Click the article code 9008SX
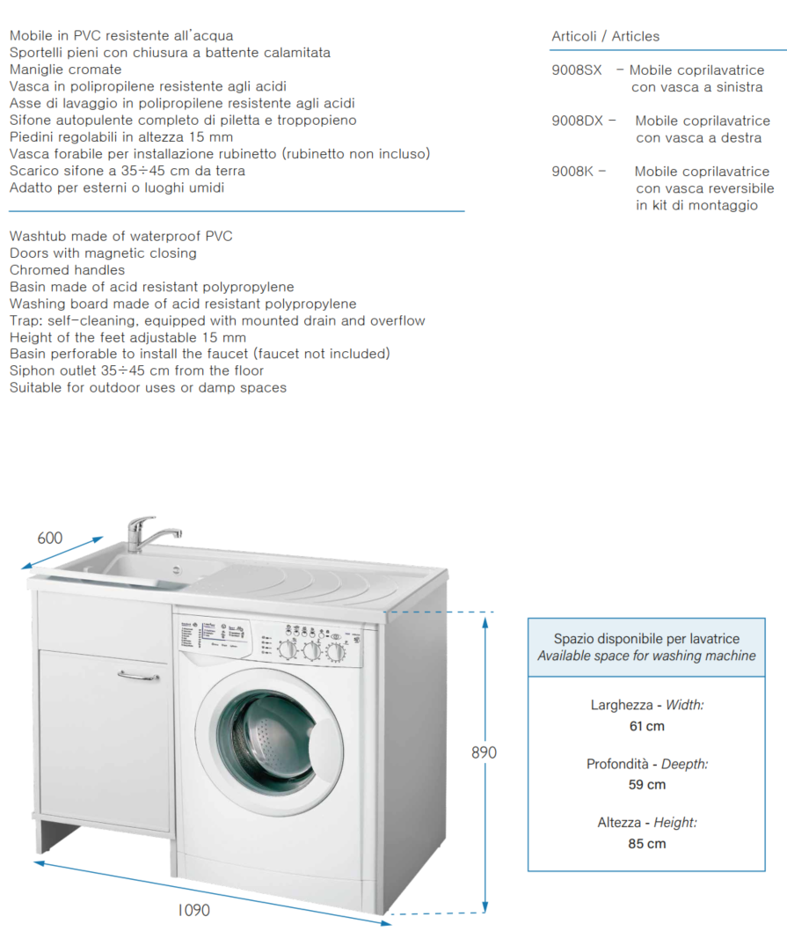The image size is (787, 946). tap(577, 70)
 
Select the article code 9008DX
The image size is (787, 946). tap(578, 121)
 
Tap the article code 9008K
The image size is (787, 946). tap(573, 172)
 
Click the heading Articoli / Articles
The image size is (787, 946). tap(605, 36)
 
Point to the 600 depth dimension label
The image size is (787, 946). tap(50, 538)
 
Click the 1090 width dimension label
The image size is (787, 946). tap(193, 910)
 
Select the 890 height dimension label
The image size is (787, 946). tap(484, 752)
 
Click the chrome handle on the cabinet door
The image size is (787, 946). tap(138, 676)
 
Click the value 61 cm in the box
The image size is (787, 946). tap(646, 726)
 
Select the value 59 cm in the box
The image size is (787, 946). tap(646, 784)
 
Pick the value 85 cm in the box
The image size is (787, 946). tap(646, 843)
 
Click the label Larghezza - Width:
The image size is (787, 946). tap(646, 705)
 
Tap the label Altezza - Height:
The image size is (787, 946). tap(646, 822)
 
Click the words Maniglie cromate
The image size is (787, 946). tap(66, 70)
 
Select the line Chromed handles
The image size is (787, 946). tap(68, 270)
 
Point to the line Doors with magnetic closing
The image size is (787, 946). tap(103, 253)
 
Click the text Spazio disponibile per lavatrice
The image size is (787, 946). tap(646, 639)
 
